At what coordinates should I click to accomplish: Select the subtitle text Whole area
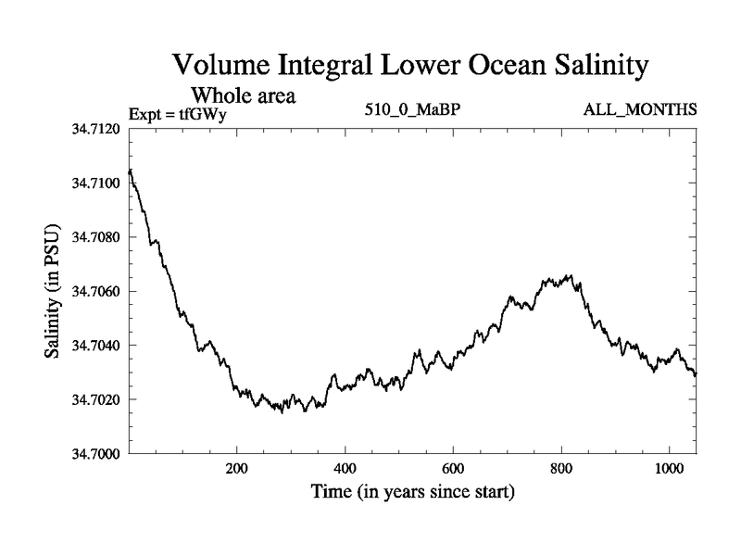[244, 95]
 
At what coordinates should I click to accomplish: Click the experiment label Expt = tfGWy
[177, 115]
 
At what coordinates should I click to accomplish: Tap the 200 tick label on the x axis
[237, 469]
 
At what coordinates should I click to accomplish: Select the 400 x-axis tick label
[345, 469]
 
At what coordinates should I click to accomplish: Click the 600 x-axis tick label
[453, 469]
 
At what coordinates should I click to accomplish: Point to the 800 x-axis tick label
[561, 469]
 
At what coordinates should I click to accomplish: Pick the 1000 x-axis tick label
[669, 469]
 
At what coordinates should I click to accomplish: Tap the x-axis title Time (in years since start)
[413, 491]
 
